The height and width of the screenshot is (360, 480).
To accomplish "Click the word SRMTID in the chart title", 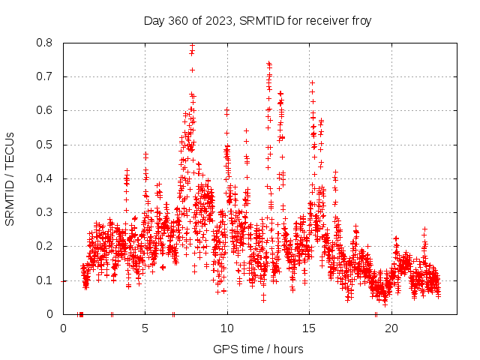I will [257, 20].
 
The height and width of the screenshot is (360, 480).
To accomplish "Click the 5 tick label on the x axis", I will [145, 328].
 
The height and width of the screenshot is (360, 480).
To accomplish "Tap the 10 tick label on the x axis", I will [227, 328].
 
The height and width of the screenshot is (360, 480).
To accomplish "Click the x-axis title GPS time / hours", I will [258, 349].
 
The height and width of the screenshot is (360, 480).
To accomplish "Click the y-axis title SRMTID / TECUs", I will [10, 178].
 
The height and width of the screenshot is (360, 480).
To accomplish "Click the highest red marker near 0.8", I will [193, 46].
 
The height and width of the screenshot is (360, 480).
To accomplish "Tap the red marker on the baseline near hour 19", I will [376, 314].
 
